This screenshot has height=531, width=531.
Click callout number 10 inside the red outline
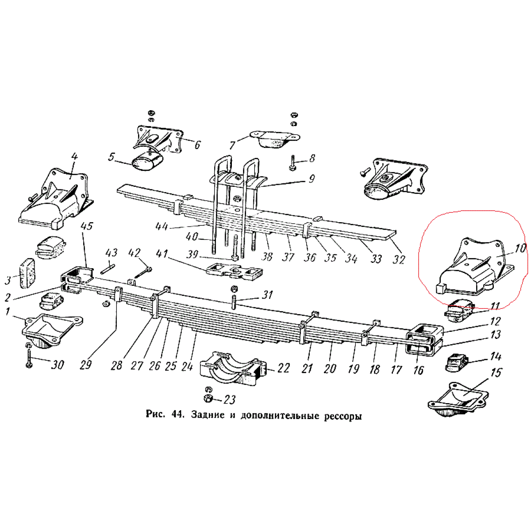pos(520,248)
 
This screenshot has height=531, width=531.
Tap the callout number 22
pos(283,368)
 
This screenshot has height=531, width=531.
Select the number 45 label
pos(87,227)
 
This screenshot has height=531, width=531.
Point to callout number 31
pos(267,295)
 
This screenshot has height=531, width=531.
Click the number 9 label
pos(312,179)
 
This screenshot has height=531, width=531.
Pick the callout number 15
pos(496,373)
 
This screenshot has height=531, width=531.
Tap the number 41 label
pos(162,254)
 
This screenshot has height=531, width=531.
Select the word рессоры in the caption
pos(341,416)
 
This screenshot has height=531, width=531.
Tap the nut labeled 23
pos(208,398)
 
